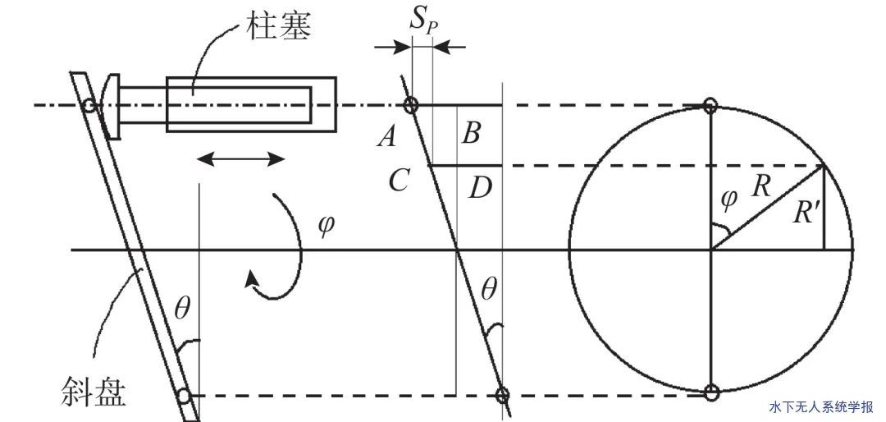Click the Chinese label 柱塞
click(280, 26)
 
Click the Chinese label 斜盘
click(94, 392)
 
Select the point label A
click(386, 138)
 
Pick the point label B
click(470, 134)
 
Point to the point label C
click(398, 181)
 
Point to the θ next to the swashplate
click(181, 310)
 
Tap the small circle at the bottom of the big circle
click(711, 392)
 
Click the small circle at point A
click(411, 105)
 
